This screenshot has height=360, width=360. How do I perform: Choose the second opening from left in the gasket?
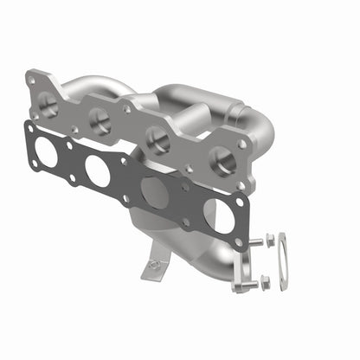point(99,172)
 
